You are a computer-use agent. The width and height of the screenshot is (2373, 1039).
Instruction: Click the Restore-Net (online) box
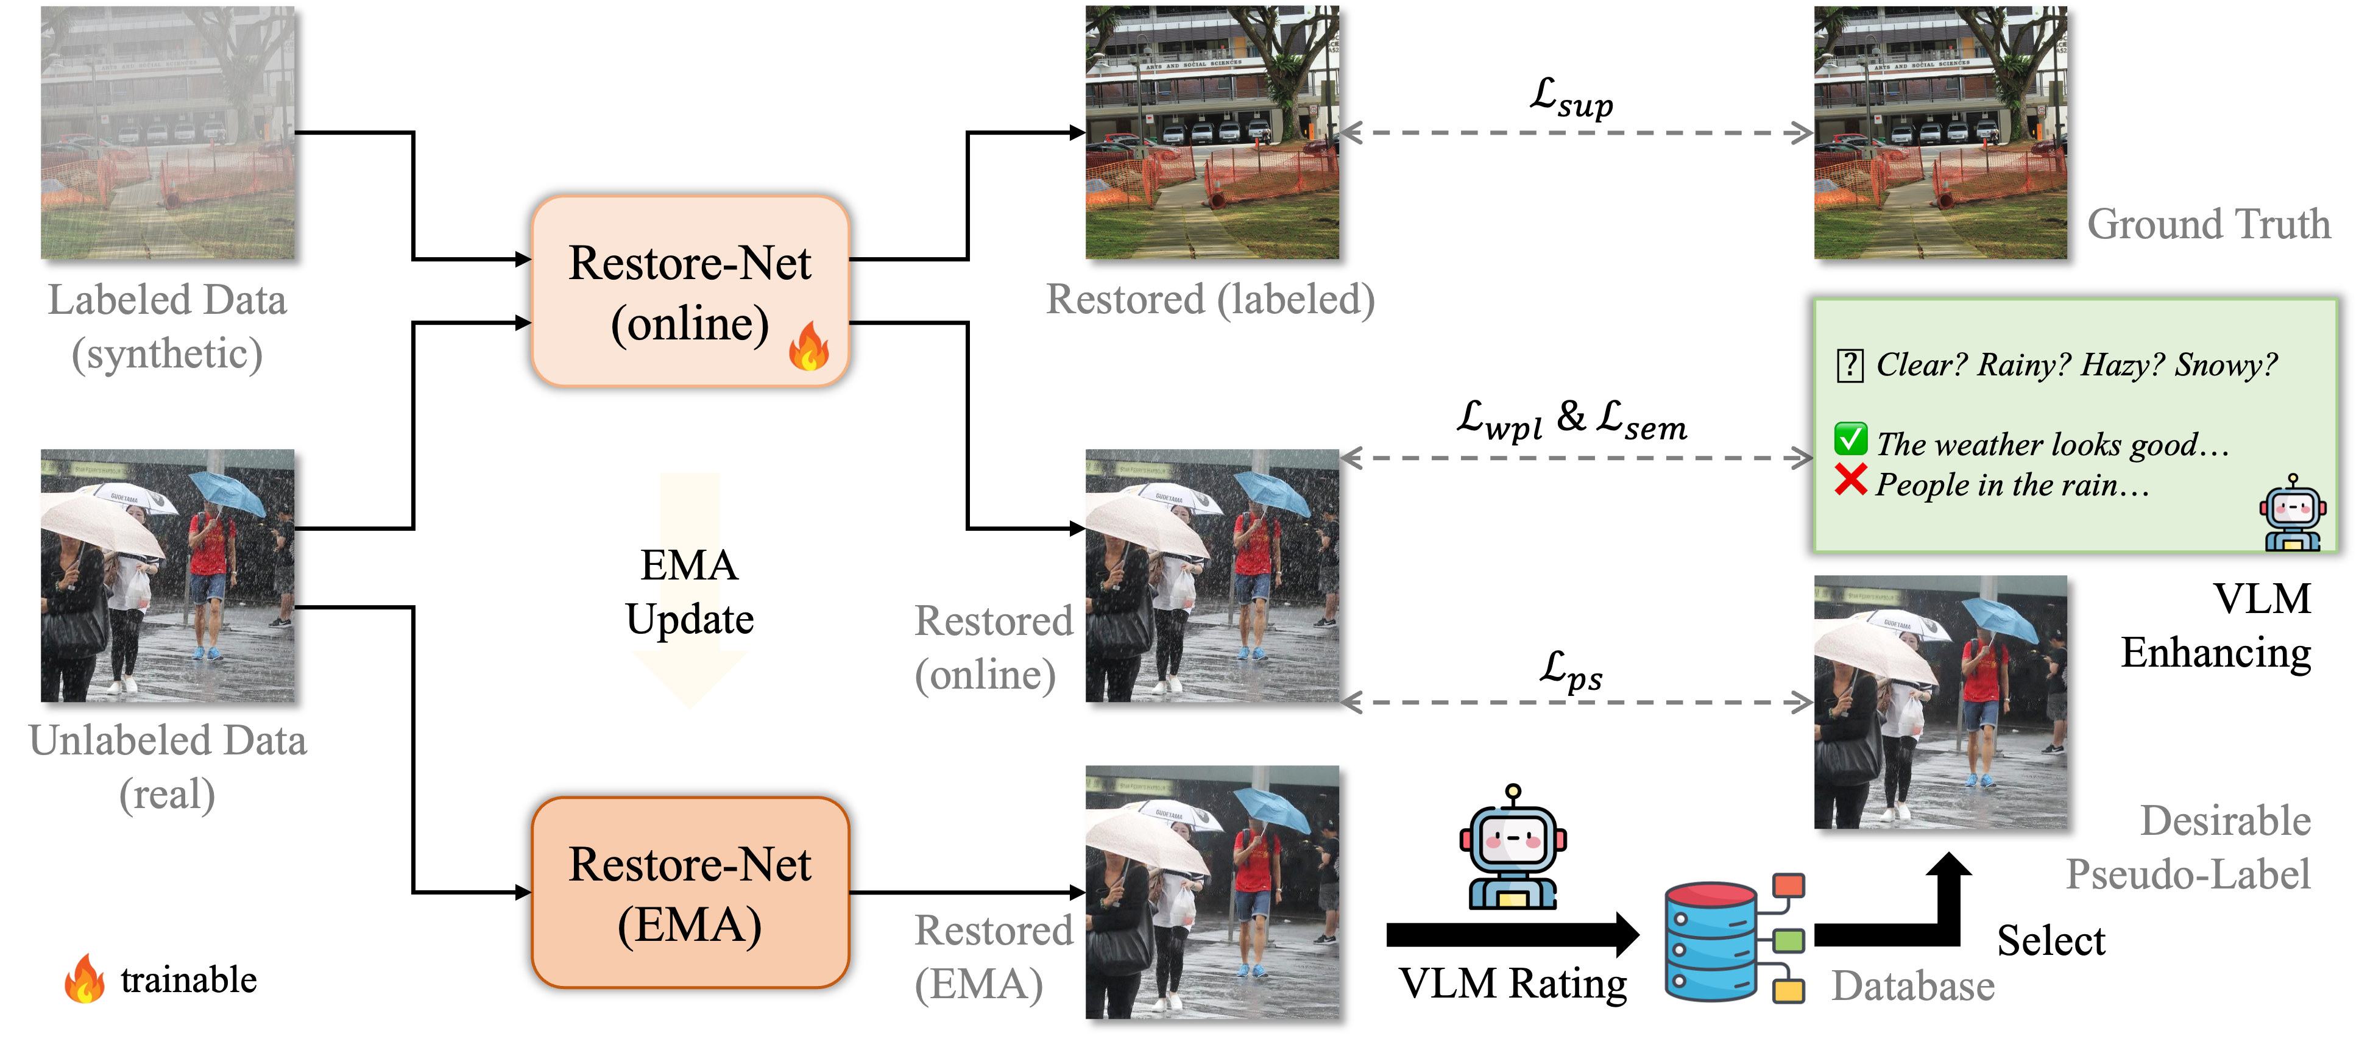pos(690,291)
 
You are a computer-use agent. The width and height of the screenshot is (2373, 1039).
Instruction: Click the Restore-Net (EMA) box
pos(690,893)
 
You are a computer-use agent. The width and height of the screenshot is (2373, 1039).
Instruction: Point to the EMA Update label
pos(690,591)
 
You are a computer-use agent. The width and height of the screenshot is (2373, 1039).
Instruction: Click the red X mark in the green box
pos(1851,480)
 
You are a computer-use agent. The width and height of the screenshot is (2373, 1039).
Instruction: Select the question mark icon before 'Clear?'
pos(1850,366)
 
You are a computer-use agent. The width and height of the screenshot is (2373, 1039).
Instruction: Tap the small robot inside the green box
pos(2293,513)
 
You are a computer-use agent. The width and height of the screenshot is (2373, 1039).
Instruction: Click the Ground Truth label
pos(2208,224)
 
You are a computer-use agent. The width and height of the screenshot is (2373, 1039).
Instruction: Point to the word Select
pos(2051,940)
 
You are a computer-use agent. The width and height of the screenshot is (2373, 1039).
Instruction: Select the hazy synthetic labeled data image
pos(168,133)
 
